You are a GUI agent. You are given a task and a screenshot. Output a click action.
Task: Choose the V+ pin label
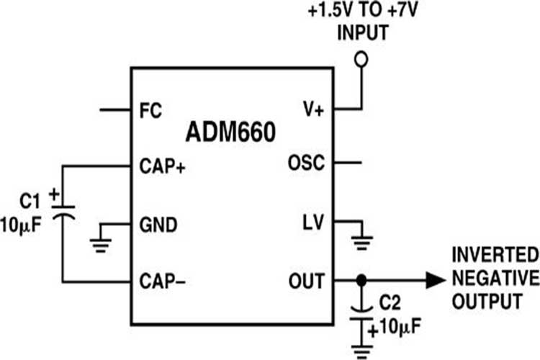tap(312, 111)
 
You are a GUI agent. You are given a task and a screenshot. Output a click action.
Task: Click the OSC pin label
tap(306, 163)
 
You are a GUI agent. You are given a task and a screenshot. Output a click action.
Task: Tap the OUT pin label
tap(308, 280)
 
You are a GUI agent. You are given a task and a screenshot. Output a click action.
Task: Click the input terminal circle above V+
tap(362, 60)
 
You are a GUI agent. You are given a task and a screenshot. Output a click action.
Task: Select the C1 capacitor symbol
tap(63, 209)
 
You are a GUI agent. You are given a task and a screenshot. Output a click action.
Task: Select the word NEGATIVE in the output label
tap(495, 279)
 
